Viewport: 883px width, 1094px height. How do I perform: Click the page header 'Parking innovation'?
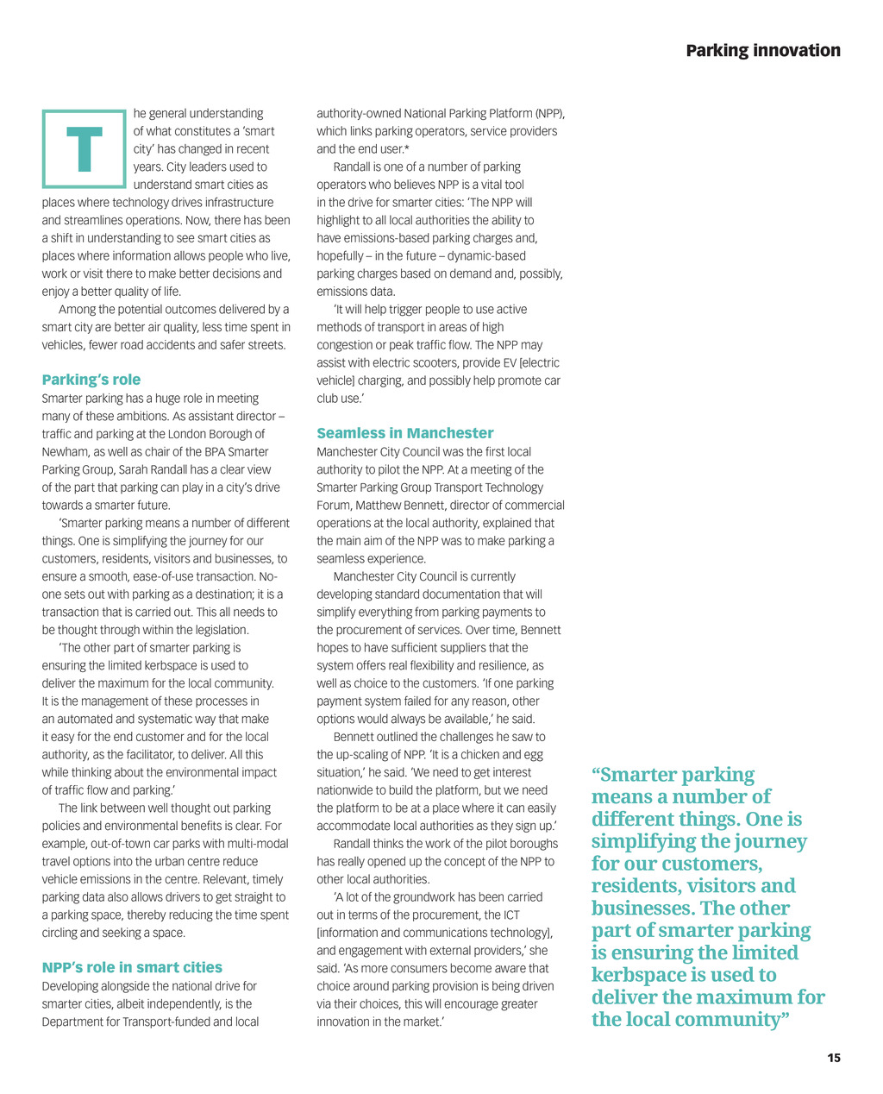tap(763, 51)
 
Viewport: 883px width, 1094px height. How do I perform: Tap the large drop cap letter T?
tap(84, 149)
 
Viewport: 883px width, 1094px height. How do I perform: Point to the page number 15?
tap(834, 1058)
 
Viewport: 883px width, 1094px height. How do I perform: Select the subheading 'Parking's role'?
tap(91, 380)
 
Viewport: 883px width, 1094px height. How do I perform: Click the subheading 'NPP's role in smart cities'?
tap(132, 967)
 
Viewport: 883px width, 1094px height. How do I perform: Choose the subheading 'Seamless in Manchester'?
tap(405, 433)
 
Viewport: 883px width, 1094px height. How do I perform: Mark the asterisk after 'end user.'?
tap(406, 149)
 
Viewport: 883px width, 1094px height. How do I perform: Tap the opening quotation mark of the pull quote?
tap(596, 774)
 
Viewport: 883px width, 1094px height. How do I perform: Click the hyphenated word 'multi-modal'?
tap(256, 844)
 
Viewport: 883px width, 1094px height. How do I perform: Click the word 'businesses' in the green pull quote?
tap(642, 909)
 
